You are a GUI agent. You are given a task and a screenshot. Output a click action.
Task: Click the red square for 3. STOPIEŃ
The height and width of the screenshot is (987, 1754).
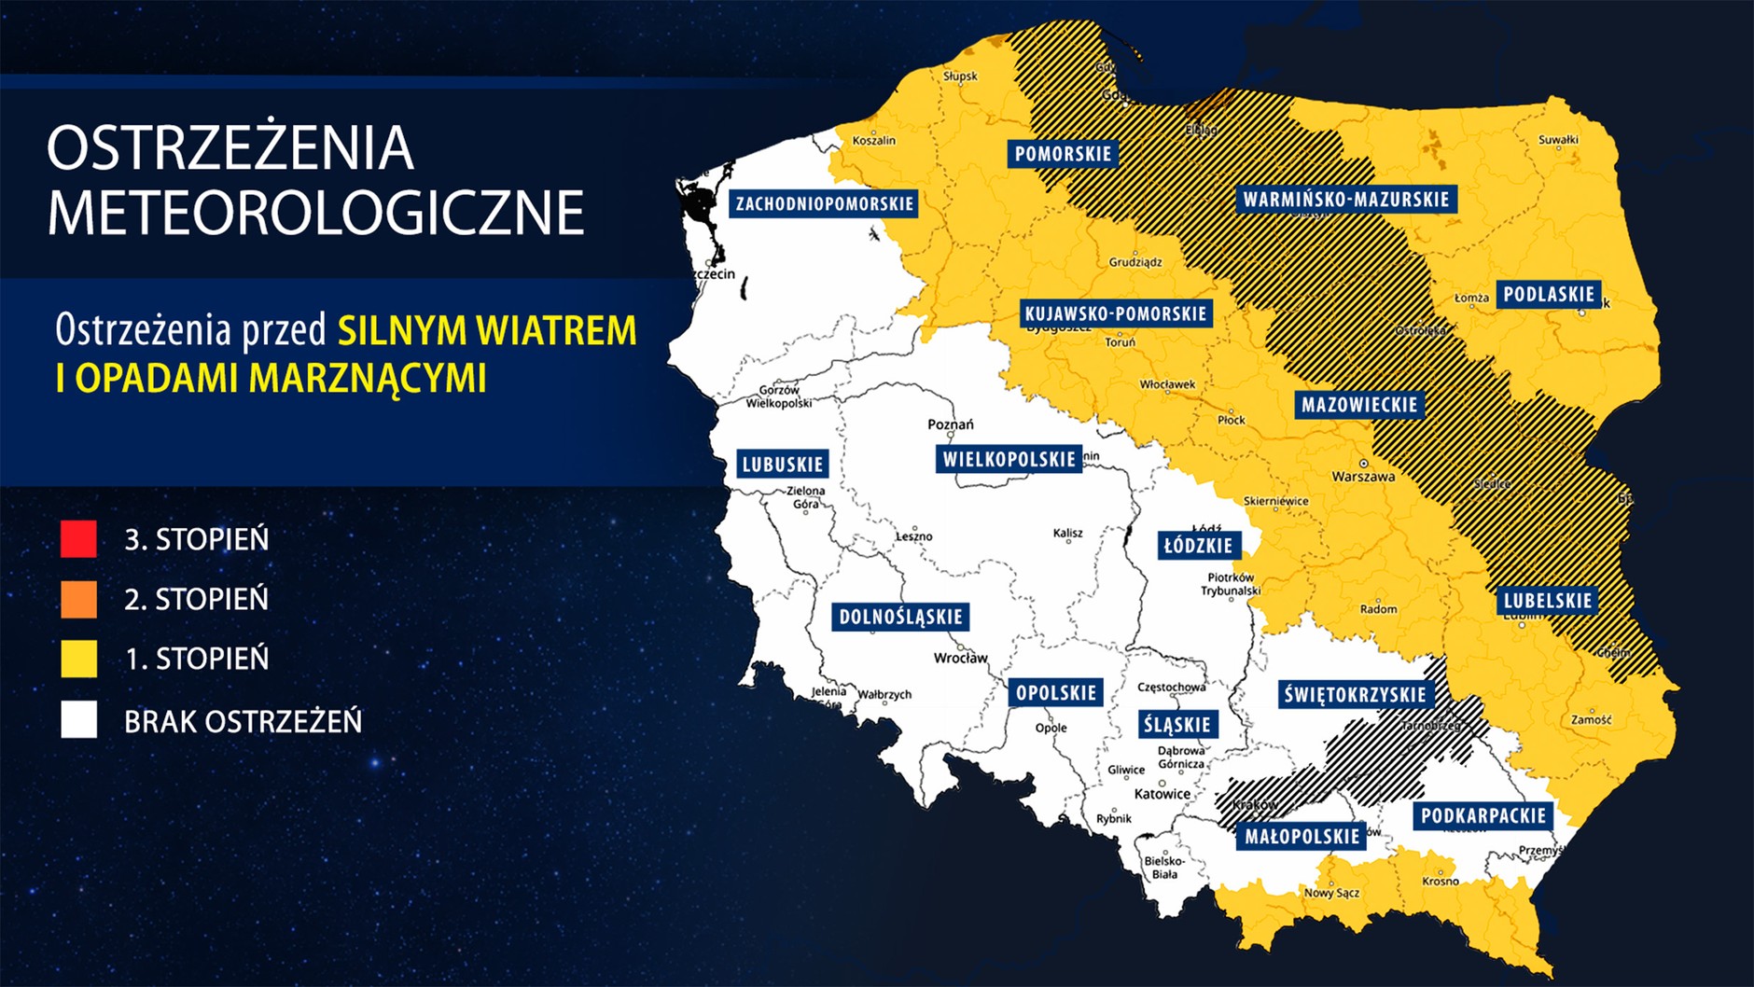[x=78, y=539]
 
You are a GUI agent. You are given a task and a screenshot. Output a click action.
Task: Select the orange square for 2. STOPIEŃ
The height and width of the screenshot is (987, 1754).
[x=78, y=599]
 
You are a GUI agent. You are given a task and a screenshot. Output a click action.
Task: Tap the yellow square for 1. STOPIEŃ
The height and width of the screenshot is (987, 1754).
[x=78, y=659]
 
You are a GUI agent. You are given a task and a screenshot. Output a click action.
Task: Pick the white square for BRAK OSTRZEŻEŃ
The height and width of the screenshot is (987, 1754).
[x=78, y=720]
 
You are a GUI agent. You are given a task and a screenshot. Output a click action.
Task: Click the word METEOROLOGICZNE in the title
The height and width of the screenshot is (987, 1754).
[x=315, y=213]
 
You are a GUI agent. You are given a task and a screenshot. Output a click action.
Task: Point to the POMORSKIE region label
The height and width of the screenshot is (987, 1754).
[x=1063, y=154]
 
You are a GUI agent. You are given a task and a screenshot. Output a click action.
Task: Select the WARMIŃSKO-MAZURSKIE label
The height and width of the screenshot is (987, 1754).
[x=1346, y=200]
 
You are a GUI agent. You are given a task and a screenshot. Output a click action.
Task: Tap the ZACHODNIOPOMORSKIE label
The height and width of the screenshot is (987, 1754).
[x=824, y=203]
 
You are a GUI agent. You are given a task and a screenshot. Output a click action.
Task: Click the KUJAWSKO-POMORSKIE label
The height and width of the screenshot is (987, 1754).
[x=1116, y=313]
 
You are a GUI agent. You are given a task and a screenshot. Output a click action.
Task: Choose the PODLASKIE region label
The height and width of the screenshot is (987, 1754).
[x=1549, y=295]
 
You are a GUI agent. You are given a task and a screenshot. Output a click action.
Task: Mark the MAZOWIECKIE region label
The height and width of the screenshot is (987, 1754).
[x=1359, y=405]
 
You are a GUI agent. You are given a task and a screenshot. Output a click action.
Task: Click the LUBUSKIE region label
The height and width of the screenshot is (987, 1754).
[x=782, y=465]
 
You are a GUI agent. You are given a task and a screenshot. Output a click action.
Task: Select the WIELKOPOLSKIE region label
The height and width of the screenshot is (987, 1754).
[x=1009, y=459]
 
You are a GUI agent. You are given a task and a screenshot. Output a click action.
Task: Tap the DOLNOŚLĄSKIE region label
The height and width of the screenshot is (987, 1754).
[x=900, y=617]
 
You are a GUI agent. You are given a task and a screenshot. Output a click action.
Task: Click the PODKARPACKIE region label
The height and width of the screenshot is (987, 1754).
[x=1483, y=816]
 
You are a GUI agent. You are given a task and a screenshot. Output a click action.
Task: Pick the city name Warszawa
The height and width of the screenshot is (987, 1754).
[x=1363, y=477]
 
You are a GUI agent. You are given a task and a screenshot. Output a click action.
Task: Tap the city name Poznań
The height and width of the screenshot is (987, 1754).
[x=950, y=424]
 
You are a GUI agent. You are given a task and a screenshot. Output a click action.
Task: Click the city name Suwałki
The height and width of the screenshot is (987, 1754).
[x=1558, y=140]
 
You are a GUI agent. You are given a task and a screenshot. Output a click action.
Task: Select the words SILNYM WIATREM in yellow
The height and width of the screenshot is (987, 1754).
[x=487, y=331]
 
